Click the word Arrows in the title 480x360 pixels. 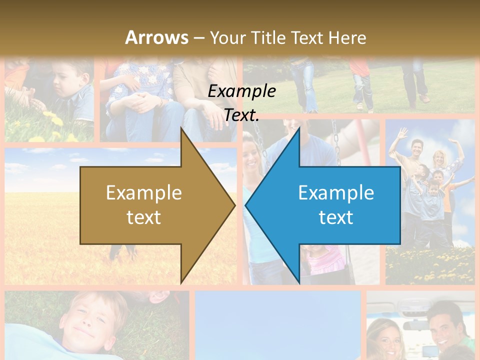156,37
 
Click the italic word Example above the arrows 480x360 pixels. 241,91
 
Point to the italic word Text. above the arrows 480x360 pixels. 241,115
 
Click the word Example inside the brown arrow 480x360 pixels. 144,193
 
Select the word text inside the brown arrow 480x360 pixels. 144,217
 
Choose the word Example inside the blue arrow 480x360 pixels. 336,193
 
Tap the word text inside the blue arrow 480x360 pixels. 336,217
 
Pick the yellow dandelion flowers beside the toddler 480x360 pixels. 54,120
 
